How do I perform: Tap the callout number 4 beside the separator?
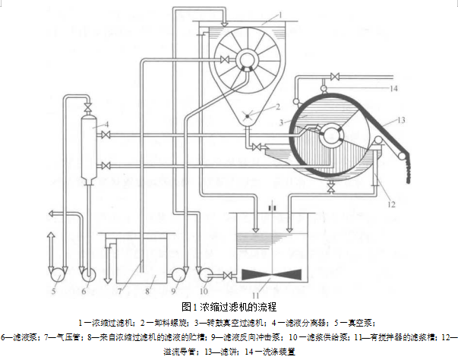click(x=107, y=122)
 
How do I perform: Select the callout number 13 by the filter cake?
click(x=401, y=120)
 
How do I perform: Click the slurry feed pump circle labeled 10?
click(x=203, y=272)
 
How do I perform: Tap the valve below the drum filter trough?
click(x=330, y=185)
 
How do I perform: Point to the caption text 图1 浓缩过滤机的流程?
click(x=229, y=306)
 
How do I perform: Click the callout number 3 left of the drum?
click(x=280, y=122)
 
